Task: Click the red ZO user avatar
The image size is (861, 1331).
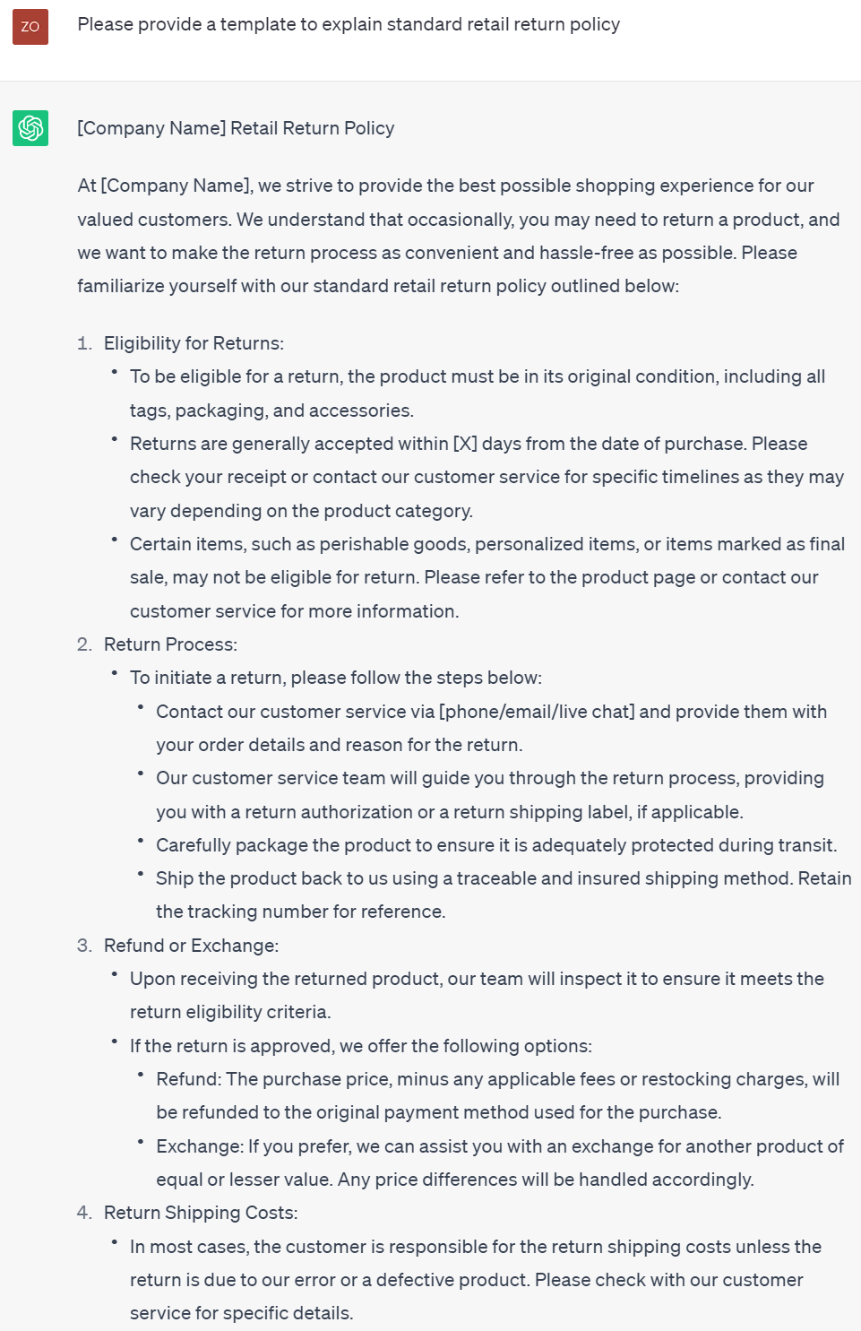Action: point(30,27)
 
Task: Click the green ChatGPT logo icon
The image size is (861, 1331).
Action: point(30,128)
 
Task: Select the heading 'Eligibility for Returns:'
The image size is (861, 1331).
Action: point(194,343)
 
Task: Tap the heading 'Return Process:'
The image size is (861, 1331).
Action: point(170,644)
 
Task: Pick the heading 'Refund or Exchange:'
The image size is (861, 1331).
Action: point(191,946)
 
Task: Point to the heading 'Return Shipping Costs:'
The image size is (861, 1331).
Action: point(201,1213)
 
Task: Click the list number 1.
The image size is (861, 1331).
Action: point(84,343)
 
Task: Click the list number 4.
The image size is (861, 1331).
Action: point(84,1213)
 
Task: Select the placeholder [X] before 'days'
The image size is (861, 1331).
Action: point(465,444)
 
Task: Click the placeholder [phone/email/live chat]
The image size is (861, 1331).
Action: point(536,712)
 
